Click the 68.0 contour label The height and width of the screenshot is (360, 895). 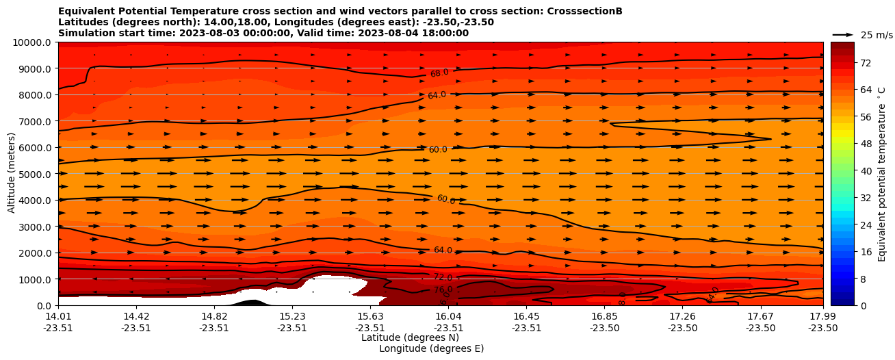[439, 73]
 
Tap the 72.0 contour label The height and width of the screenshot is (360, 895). [443, 277]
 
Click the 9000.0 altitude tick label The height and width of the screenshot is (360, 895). [34, 68]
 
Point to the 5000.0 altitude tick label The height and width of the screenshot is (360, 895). [34, 174]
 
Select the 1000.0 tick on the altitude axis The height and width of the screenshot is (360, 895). [34, 279]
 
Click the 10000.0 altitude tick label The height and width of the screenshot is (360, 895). [32, 42]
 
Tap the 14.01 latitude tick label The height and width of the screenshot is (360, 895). [58, 316]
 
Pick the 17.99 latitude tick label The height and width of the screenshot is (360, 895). [822, 316]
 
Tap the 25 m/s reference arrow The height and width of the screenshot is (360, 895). [843, 34]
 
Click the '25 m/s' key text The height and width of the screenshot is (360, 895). [877, 35]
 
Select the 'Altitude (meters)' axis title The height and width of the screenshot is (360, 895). [12, 173]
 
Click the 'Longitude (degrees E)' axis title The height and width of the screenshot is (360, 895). [431, 348]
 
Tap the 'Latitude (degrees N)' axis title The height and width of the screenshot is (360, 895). [410, 337]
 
